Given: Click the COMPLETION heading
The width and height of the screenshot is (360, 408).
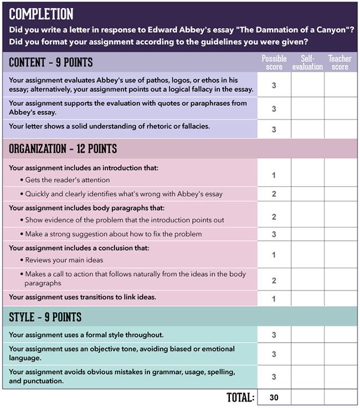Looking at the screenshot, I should coord(42,14).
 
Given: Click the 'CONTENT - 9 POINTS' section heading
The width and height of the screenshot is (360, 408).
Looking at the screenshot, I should coord(51,62).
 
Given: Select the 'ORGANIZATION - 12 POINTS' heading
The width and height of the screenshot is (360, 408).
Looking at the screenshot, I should coord(63,149).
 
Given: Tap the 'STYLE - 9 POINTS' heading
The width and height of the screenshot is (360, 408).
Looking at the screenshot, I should coord(45,317).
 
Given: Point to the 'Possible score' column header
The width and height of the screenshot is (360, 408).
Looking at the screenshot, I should coord(274,63).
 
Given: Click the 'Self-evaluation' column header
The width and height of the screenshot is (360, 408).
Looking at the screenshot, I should coord(307,63).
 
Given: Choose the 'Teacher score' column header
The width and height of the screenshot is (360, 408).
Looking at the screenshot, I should coord(340,63).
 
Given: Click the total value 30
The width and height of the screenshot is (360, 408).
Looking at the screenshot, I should coord(274,397).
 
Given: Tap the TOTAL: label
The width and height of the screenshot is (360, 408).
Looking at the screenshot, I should coord(240,397).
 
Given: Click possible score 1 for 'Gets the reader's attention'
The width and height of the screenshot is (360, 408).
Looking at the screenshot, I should coord(274,176).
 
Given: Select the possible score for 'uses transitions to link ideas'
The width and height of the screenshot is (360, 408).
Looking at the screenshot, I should coord(274,299).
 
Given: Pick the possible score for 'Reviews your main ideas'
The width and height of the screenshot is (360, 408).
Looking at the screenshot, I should coord(274,255).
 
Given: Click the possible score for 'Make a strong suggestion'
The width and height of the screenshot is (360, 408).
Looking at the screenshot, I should coord(274,234).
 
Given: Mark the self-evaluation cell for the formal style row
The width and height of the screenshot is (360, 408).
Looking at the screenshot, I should coord(307,335).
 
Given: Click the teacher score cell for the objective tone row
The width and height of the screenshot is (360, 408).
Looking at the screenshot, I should coord(340,354).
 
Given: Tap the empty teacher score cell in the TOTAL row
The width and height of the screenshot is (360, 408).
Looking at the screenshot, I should coord(340,397).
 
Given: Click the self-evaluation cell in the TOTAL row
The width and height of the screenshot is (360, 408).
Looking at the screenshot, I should coord(307,397).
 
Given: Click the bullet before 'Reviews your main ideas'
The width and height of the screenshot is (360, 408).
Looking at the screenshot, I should coord(21,260).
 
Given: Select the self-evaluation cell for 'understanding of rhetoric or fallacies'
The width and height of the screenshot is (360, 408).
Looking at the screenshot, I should coord(307,129).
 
